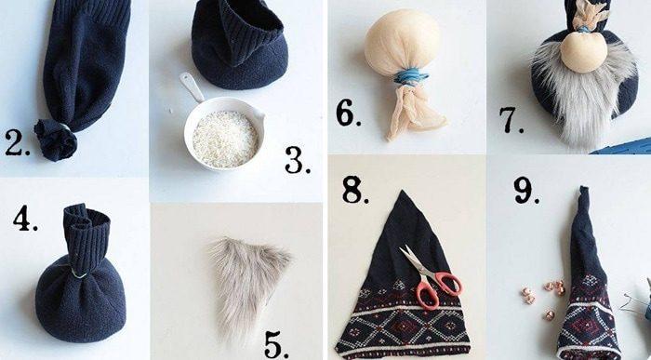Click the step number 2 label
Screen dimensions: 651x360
(17, 143)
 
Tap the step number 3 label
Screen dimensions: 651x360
(298, 160)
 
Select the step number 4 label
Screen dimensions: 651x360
(25, 218)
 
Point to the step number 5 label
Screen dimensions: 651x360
(276, 344)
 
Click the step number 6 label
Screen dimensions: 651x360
(348, 113)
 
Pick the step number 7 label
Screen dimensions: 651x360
(511, 120)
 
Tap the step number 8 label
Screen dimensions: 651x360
(355, 190)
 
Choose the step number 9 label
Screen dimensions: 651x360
(526, 190)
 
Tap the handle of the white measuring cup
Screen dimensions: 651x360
(192, 87)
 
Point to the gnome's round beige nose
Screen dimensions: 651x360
(584, 52)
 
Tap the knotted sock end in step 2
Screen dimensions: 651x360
(55, 140)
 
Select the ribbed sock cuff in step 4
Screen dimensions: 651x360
(86, 235)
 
